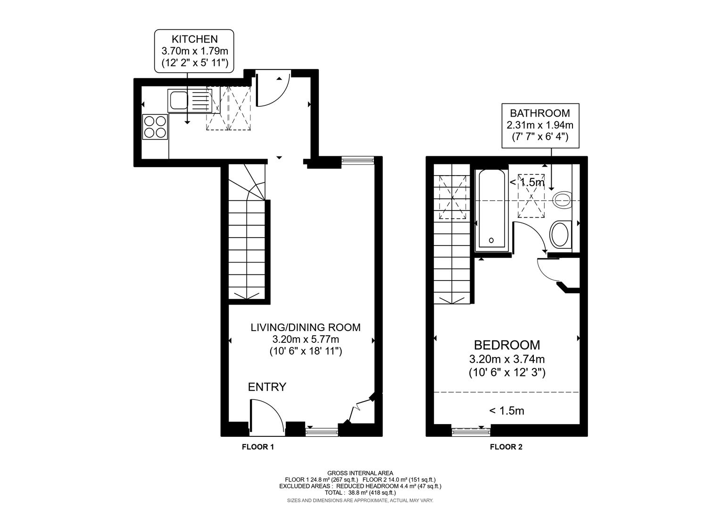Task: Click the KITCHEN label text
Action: click(x=194, y=39)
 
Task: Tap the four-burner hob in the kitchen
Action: click(x=155, y=127)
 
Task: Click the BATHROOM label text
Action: click(x=539, y=113)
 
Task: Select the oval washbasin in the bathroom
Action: click(x=560, y=235)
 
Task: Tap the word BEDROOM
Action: click(x=506, y=345)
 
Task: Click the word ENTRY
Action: click(x=267, y=387)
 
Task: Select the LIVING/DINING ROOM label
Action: click(x=305, y=327)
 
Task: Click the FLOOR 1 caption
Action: click(x=257, y=447)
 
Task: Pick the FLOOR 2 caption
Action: click(x=506, y=447)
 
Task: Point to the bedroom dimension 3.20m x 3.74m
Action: click(x=506, y=359)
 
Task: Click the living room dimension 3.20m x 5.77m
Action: click(x=305, y=340)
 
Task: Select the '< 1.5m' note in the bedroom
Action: click(x=506, y=411)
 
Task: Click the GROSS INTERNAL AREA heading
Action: click(x=360, y=473)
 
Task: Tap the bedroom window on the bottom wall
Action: click(x=471, y=431)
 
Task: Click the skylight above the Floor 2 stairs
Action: click(x=453, y=197)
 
